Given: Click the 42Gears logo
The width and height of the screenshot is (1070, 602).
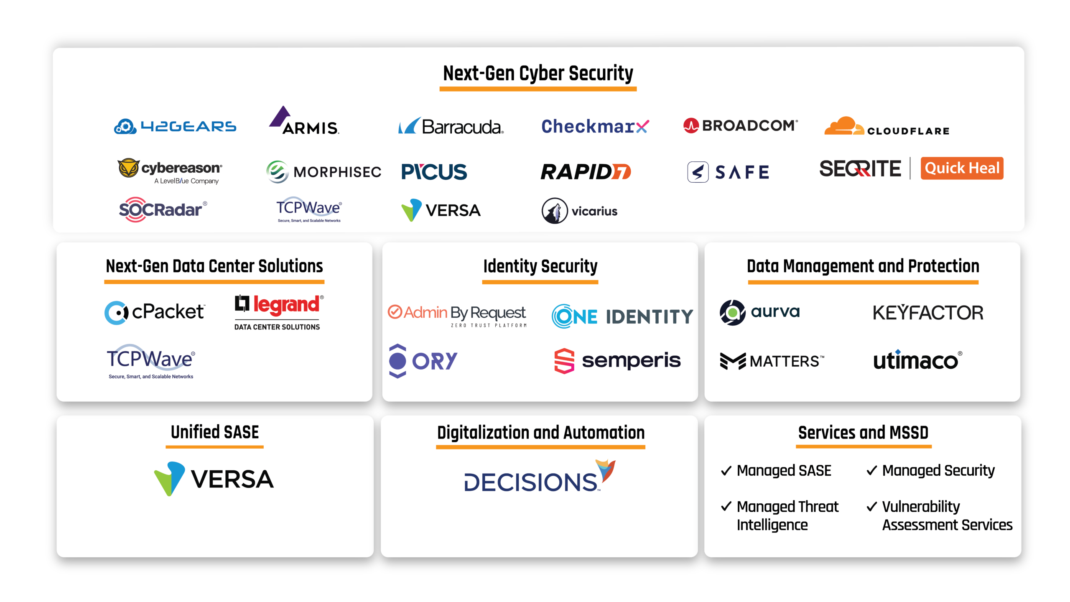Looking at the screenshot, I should pyautogui.click(x=175, y=126).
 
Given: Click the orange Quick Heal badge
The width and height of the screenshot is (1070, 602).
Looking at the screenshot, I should pyautogui.click(x=962, y=168).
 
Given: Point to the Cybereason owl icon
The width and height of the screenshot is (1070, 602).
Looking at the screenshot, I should pyautogui.click(x=128, y=168).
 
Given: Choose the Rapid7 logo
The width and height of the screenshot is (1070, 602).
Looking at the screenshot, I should pyautogui.click(x=586, y=172).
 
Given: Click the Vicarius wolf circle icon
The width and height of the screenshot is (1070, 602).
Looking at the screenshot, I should pyautogui.click(x=555, y=211).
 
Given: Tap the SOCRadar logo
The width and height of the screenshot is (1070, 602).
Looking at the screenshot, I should pyautogui.click(x=163, y=209).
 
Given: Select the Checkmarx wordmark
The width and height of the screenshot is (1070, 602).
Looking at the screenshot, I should pyautogui.click(x=595, y=126).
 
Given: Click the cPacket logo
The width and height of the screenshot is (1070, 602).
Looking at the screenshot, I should pyautogui.click(x=155, y=312).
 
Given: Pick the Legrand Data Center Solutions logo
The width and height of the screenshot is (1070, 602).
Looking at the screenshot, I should pyautogui.click(x=278, y=312).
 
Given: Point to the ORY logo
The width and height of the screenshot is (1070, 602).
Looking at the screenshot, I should pyautogui.click(x=423, y=361).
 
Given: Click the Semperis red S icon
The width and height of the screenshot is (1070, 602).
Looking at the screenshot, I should pyautogui.click(x=564, y=361).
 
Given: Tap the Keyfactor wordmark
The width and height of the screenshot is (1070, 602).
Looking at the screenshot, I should pyautogui.click(x=928, y=313).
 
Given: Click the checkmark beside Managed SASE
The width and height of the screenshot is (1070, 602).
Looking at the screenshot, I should pyautogui.click(x=726, y=471).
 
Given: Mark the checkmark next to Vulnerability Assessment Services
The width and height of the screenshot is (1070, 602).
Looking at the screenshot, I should pyautogui.click(x=872, y=507).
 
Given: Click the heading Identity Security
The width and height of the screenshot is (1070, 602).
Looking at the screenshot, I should pyautogui.click(x=540, y=266).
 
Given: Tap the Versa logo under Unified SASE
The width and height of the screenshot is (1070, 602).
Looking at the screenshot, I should pyautogui.click(x=214, y=479).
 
